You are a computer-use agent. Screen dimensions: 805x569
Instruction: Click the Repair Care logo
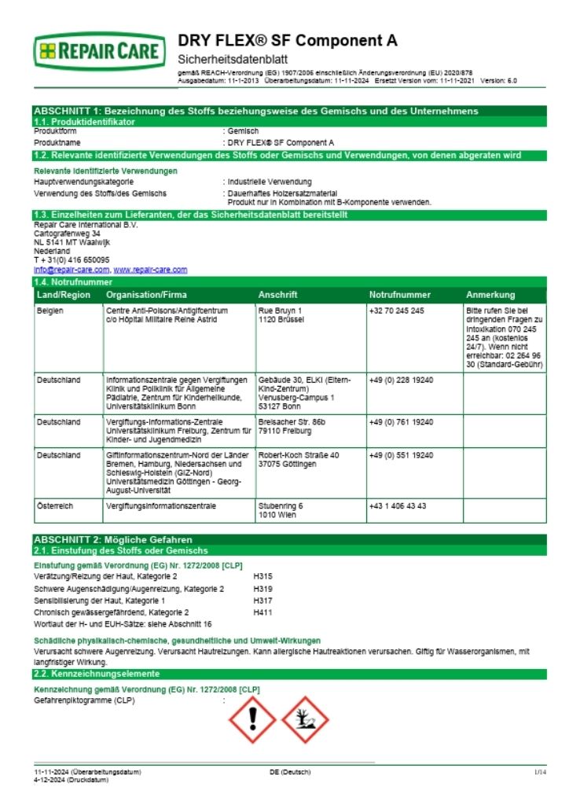tap(99, 52)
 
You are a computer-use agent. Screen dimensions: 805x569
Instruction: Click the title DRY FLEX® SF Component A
tap(288, 41)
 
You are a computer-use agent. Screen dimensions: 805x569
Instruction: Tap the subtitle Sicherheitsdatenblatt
tap(233, 59)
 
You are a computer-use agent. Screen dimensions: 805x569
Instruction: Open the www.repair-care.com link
tap(150, 270)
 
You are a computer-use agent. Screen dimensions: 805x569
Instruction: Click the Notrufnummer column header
tap(399, 295)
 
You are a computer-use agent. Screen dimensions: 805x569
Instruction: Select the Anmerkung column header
tap(490, 295)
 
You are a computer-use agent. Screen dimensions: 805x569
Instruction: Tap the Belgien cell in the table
tap(50, 311)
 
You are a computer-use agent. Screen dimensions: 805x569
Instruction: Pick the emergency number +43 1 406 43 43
tap(397, 505)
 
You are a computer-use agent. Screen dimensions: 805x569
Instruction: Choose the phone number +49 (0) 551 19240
tap(401, 455)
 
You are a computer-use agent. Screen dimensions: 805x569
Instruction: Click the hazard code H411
tap(262, 612)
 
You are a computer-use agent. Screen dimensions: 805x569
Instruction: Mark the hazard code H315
tap(262, 576)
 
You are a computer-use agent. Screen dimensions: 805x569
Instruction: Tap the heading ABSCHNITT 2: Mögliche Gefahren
tap(113, 540)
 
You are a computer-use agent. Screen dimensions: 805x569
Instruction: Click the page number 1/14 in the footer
tap(539, 773)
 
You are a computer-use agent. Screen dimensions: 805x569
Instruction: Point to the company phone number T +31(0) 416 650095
tap(72, 259)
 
